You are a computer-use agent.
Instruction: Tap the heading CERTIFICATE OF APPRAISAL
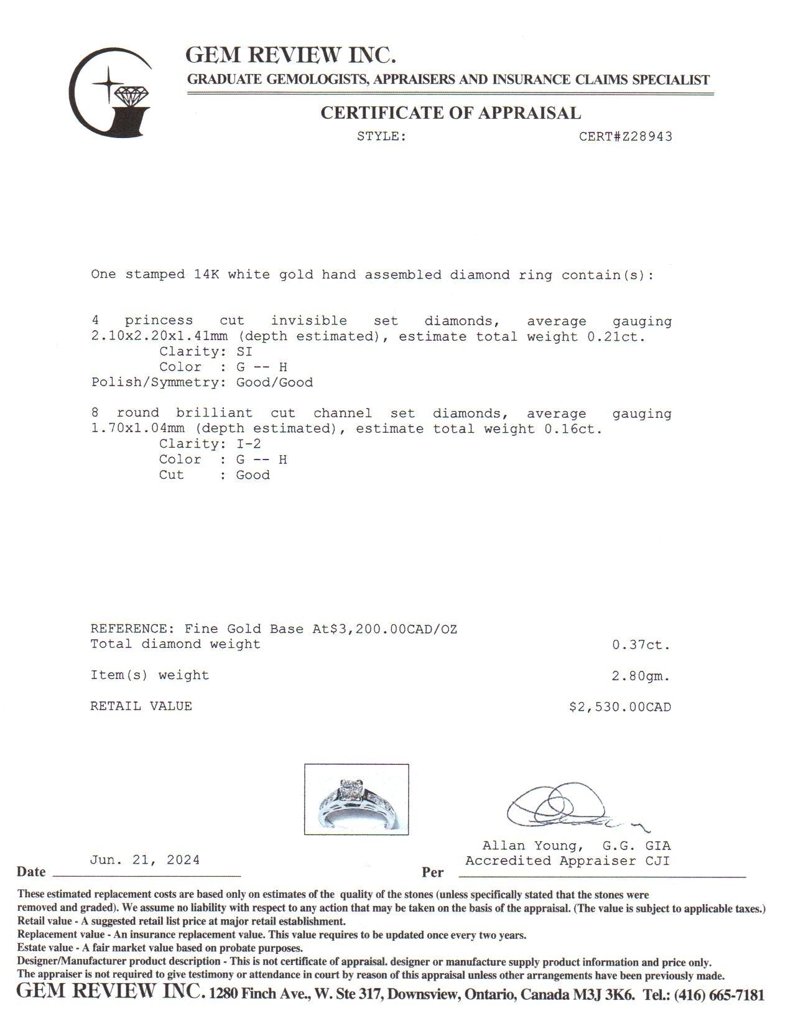(450, 113)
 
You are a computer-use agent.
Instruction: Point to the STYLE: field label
(381, 137)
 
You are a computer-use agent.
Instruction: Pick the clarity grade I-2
(249, 444)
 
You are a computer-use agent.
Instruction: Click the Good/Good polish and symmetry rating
(274, 383)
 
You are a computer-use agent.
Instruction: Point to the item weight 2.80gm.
(641, 676)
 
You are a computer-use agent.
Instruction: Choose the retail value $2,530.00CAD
(620, 707)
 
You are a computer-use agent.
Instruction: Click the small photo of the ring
(356, 799)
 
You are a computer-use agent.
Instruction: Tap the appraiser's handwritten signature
(569, 808)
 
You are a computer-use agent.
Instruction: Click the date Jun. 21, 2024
(145, 860)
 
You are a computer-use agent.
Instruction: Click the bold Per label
(432, 872)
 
